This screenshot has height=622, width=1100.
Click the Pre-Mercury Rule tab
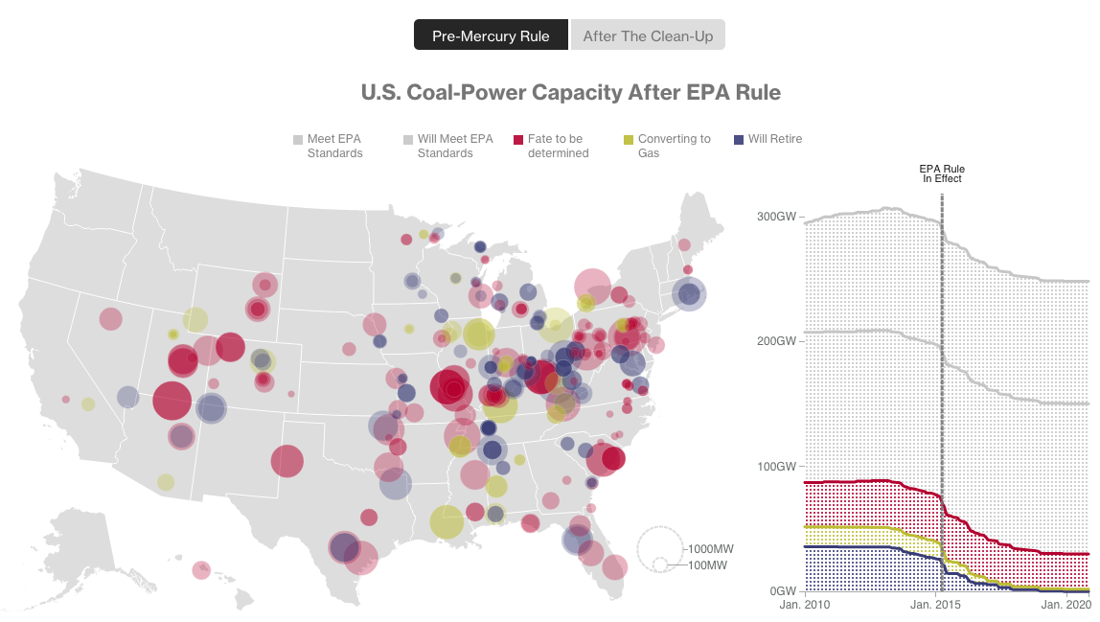491,35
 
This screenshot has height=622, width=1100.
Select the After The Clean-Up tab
648,35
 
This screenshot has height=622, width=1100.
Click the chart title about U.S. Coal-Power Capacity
570,93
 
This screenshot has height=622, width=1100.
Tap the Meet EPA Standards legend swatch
298,140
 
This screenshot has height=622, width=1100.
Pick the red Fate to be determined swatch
518,140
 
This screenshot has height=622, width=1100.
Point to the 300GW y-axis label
777,217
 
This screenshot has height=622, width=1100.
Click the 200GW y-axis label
777,341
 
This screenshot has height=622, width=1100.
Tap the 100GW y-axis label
777,466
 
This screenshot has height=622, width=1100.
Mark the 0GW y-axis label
782,591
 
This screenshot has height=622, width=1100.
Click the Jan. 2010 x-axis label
804,606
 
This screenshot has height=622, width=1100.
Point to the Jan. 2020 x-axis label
1066,606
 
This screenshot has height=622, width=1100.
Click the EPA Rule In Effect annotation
942,173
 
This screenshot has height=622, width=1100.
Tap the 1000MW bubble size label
710,549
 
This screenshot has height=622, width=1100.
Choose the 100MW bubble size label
708,565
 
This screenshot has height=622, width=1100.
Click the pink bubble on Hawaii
200,570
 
